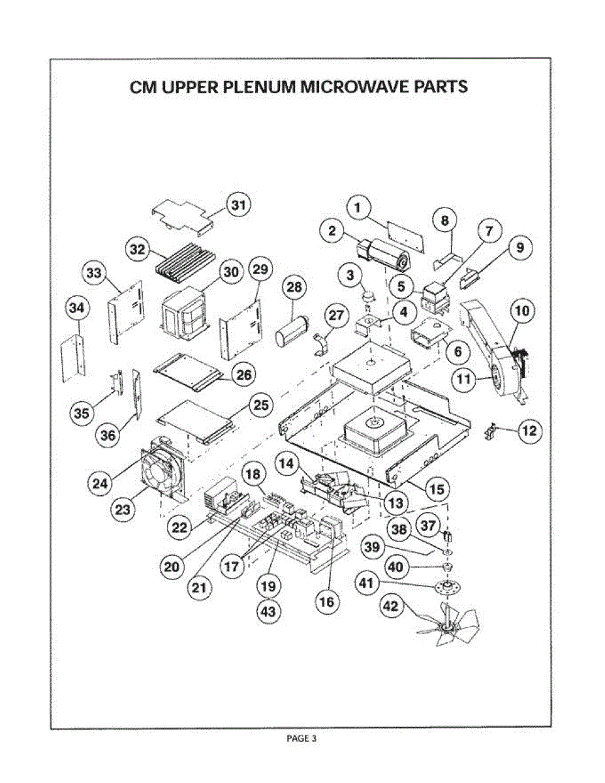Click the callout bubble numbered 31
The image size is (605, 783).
pos(238,206)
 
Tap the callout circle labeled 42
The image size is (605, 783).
pos(390,606)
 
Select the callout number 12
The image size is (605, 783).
pos(529,430)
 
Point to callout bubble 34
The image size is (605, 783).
pos(77,310)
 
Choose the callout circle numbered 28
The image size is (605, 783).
pos(295,287)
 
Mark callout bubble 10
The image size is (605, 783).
pos(523,311)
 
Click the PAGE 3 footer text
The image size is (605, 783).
pos(302,739)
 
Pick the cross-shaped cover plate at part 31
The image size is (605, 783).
pos(183,216)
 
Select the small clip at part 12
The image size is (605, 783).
pos(490,432)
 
